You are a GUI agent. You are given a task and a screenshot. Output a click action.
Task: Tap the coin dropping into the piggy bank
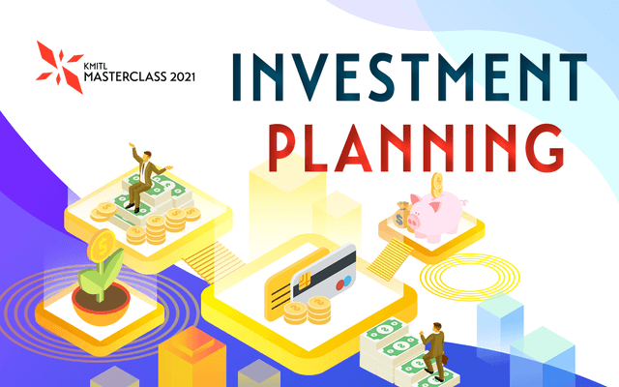click(x=436, y=183)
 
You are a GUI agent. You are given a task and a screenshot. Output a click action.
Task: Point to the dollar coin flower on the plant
click(x=100, y=246)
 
